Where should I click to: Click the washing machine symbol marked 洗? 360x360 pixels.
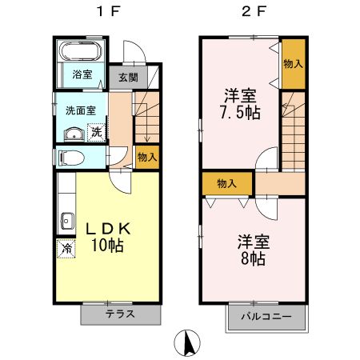(x=96, y=131)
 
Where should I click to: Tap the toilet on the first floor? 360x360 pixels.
(x=70, y=158)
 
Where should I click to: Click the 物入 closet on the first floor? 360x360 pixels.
(x=146, y=156)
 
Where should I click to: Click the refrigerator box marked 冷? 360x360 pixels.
(x=65, y=249)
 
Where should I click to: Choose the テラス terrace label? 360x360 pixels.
(x=119, y=314)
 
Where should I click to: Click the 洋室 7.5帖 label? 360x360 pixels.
(x=240, y=102)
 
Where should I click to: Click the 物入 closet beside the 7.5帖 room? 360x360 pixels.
(x=293, y=63)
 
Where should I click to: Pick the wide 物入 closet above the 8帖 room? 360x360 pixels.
(x=227, y=184)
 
